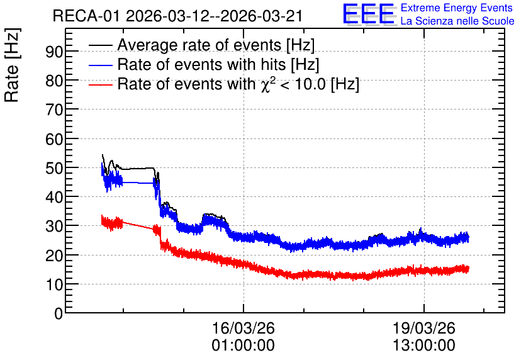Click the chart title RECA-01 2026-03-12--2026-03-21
(177, 16)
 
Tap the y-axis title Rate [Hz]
(13, 65)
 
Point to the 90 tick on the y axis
(54, 52)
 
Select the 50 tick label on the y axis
(54, 168)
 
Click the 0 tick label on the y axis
(59, 313)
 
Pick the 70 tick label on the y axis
(54, 110)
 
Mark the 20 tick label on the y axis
(54, 256)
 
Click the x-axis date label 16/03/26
(243, 328)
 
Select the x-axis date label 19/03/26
(423, 328)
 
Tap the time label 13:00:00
(423, 346)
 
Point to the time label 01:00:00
(243, 346)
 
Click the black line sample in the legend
(100, 45)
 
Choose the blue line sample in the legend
(100, 65)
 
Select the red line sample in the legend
(100, 84)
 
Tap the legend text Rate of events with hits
(201, 64)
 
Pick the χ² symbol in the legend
(266, 84)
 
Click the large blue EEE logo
(369, 14)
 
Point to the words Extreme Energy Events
(457, 8)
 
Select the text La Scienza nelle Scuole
(457, 21)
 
